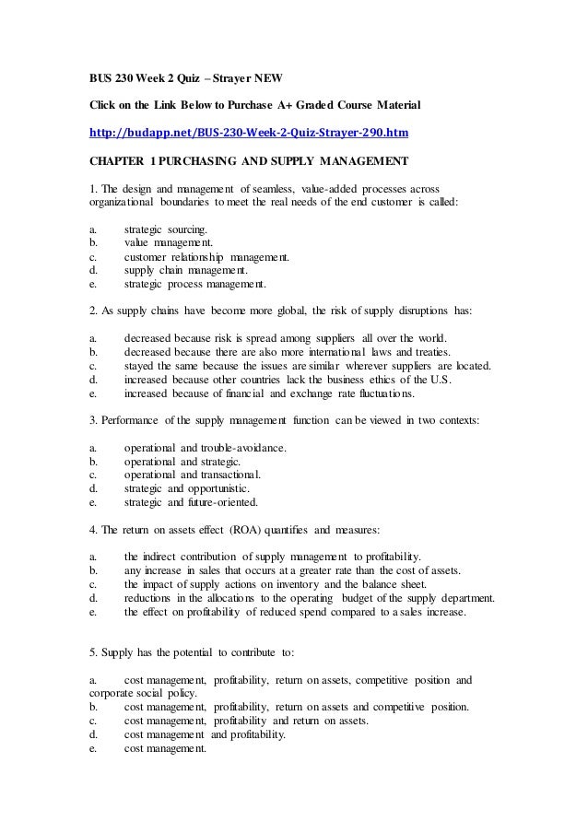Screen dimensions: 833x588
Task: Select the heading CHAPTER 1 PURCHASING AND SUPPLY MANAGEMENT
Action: pos(248,162)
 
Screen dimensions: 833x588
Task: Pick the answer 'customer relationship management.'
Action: pos(206,257)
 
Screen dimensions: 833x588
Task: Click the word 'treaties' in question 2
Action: pos(427,351)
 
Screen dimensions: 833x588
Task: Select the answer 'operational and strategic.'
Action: pos(182,462)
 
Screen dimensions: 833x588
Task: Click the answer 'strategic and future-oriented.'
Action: pos(191,502)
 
